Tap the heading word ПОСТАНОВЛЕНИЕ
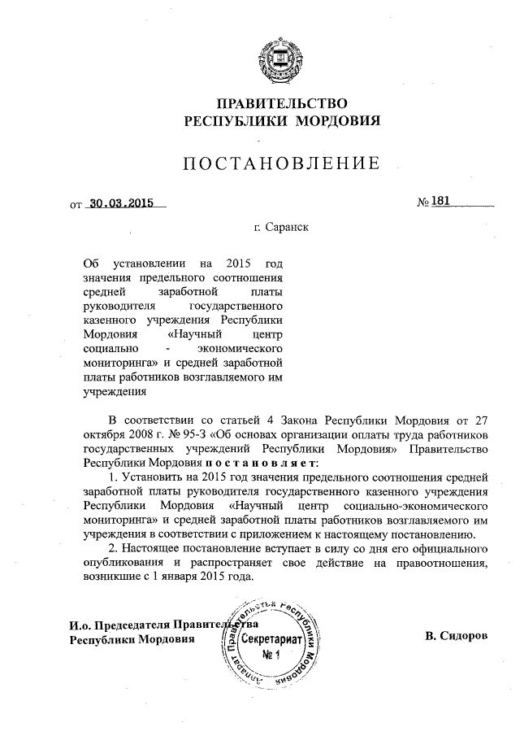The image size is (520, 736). (x=281, y=163)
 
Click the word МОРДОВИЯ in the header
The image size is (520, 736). (x=339, y=122)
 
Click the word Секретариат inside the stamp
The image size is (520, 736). (x=270, y=639)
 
